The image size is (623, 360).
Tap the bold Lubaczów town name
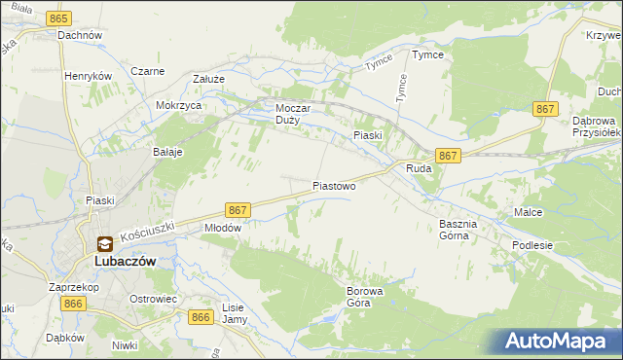(x=125, y=261)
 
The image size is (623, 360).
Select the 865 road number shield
(x=59, y=19)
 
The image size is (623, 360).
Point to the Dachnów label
(x=80, y=35)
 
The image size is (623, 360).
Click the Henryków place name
(x=89, y=75)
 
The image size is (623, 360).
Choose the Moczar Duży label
(x=292, y=115)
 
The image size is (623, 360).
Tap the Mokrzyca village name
(x=178, y=104)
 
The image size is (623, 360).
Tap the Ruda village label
(x=418, y=168)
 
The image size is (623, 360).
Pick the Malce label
(x=528, y=211)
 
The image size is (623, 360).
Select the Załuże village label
(x=208, y=80)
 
